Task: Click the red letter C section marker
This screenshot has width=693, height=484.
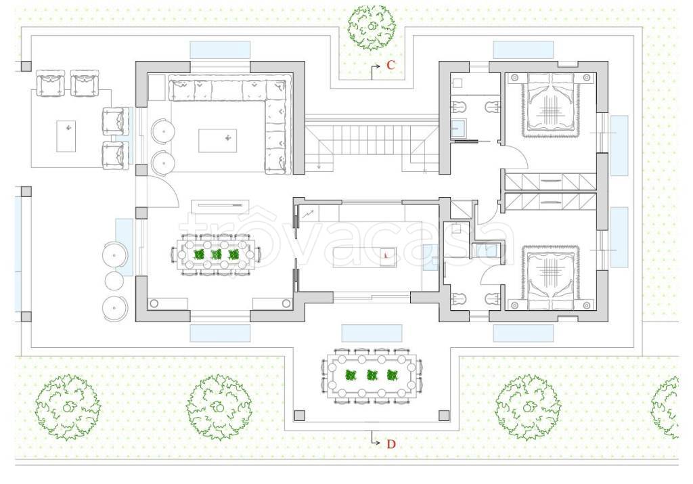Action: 390,66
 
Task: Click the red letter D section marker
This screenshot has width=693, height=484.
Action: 391,444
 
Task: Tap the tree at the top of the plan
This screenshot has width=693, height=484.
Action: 371,28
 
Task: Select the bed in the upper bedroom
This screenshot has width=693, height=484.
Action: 550,105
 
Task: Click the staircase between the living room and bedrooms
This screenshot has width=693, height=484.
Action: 372,144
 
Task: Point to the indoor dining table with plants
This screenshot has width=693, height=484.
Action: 216,255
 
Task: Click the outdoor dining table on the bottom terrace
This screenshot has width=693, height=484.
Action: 372,375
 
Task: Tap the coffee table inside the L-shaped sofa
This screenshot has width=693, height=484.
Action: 217,141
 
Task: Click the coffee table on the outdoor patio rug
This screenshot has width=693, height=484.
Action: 66,136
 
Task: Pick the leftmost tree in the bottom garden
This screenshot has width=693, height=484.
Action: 68,407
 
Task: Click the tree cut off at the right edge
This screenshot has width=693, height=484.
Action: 665,408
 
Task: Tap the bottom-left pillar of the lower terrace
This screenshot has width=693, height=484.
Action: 300,416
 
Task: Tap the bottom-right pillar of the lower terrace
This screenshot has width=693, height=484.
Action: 444,416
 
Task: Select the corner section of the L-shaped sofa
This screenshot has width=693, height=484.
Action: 277,89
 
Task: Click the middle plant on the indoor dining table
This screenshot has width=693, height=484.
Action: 216,255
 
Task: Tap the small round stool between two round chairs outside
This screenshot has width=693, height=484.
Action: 114,280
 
